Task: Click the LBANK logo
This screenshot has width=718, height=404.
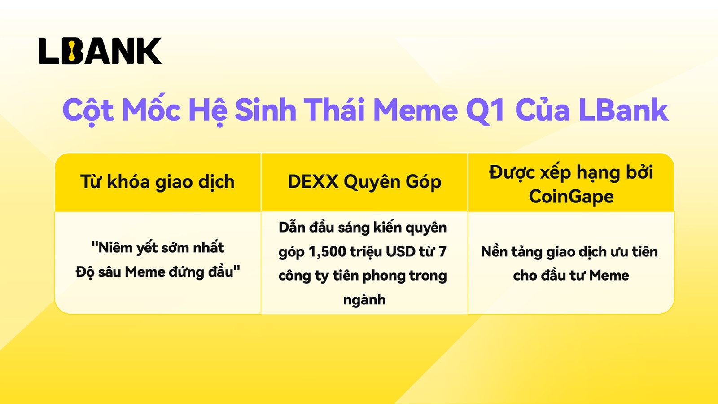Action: click(x=100, y=51)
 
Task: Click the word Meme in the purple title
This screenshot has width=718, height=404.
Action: click(x=416, y=110)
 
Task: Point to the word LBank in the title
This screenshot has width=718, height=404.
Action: click(x=623, y=110)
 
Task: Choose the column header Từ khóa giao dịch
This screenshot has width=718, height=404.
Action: click(x=158, y=182)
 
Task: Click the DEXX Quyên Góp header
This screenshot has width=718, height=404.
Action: click(x=364, y=182)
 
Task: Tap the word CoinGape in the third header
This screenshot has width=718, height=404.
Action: click(x=571, y=196)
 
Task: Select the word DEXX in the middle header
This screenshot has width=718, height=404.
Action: click(x=313, y=181)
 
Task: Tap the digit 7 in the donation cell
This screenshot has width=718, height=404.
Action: click(x=442, y=252)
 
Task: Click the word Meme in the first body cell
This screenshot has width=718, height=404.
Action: click(x=144, y=272)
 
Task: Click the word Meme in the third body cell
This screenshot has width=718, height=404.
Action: click(x=609, y=276)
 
